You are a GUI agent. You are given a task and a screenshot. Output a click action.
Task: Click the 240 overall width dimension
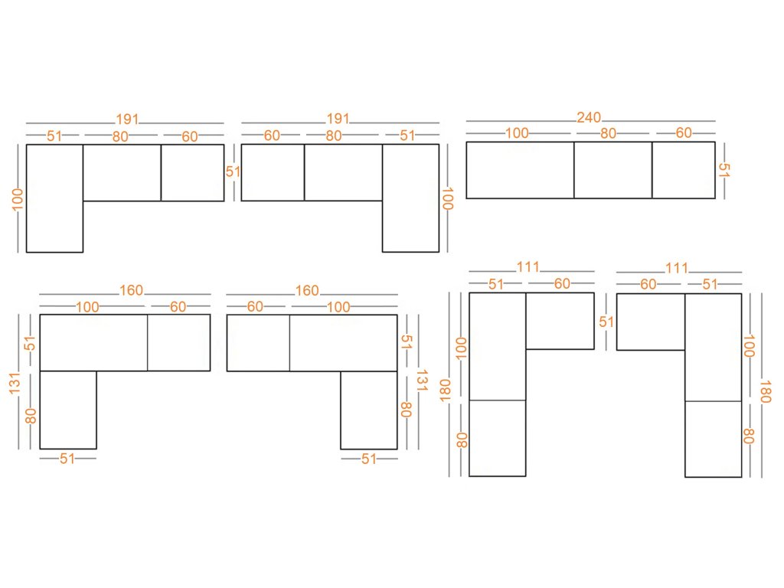(589, 118)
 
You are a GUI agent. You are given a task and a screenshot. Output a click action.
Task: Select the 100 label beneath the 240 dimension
(517, 133)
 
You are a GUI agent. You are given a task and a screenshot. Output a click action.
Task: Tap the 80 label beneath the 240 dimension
(608, 133)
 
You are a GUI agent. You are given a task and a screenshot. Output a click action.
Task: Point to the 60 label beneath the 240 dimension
(684, 133)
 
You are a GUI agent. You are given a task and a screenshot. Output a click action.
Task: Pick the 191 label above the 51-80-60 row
(127, 119)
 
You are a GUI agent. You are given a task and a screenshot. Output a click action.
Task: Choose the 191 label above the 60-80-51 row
(338, 119)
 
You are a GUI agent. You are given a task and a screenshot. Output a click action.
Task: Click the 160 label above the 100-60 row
(130, 291)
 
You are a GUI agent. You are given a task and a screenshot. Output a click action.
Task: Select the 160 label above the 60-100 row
(306, 291)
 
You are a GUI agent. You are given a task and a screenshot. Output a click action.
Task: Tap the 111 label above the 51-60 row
(528, 268)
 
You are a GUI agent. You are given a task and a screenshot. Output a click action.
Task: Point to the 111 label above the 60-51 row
(677, 268)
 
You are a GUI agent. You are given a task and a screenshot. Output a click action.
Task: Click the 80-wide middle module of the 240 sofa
(612, 170)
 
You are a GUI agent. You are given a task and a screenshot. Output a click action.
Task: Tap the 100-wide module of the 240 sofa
(520, 170)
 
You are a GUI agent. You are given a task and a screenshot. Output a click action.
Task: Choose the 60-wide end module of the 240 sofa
(683, 170)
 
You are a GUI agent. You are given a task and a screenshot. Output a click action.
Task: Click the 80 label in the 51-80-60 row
(120, 137)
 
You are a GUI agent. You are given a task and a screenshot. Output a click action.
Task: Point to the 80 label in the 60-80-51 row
(333, 136)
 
